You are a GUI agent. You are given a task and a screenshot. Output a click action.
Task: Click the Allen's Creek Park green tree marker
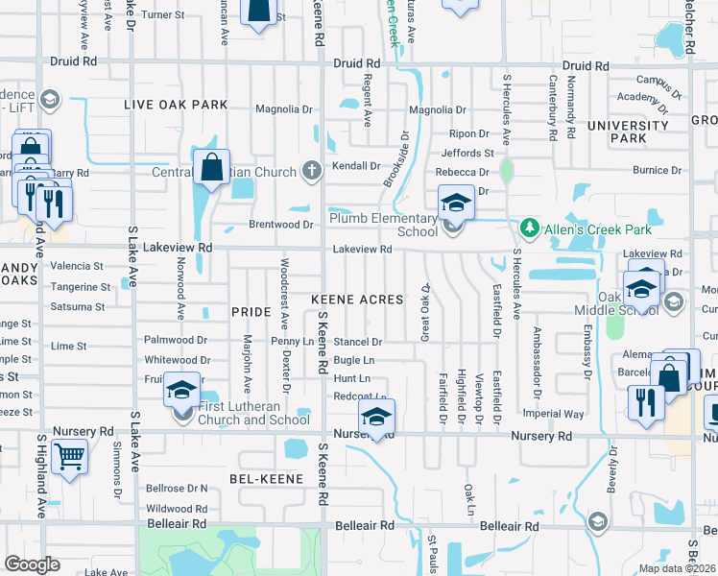pyautogui.click(x=528, y=228)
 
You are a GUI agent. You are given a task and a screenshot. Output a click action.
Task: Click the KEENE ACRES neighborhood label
pyautogui.click(x=357, y=300)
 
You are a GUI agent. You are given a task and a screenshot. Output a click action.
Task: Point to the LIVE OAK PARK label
pyautogui.click(x=175, y=105)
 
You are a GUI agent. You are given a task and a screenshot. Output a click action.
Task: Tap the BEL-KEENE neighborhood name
pyautogui.click(x=266, y=478)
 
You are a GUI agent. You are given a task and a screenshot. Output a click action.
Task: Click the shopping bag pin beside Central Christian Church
pyautogui.click(x=211, y=168)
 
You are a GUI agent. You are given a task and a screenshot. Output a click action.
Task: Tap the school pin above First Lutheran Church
pyautogui.click(x=181, y=390)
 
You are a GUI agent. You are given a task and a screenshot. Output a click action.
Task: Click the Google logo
pyautogui.click(x=33, y=564)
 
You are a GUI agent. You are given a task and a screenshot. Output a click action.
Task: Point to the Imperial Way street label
pyautogui.click(x=554, y=414)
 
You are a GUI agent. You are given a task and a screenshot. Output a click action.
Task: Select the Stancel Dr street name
pyautogui.click(x=358, y=341)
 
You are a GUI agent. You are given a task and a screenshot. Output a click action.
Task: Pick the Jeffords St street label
pyautogui.click(x=467, y=153)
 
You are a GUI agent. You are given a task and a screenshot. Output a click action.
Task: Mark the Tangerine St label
pyautogui.click(x=81, y=286)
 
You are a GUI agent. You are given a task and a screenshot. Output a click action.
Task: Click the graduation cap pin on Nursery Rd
pyautogui.click(x=377, y=418)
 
